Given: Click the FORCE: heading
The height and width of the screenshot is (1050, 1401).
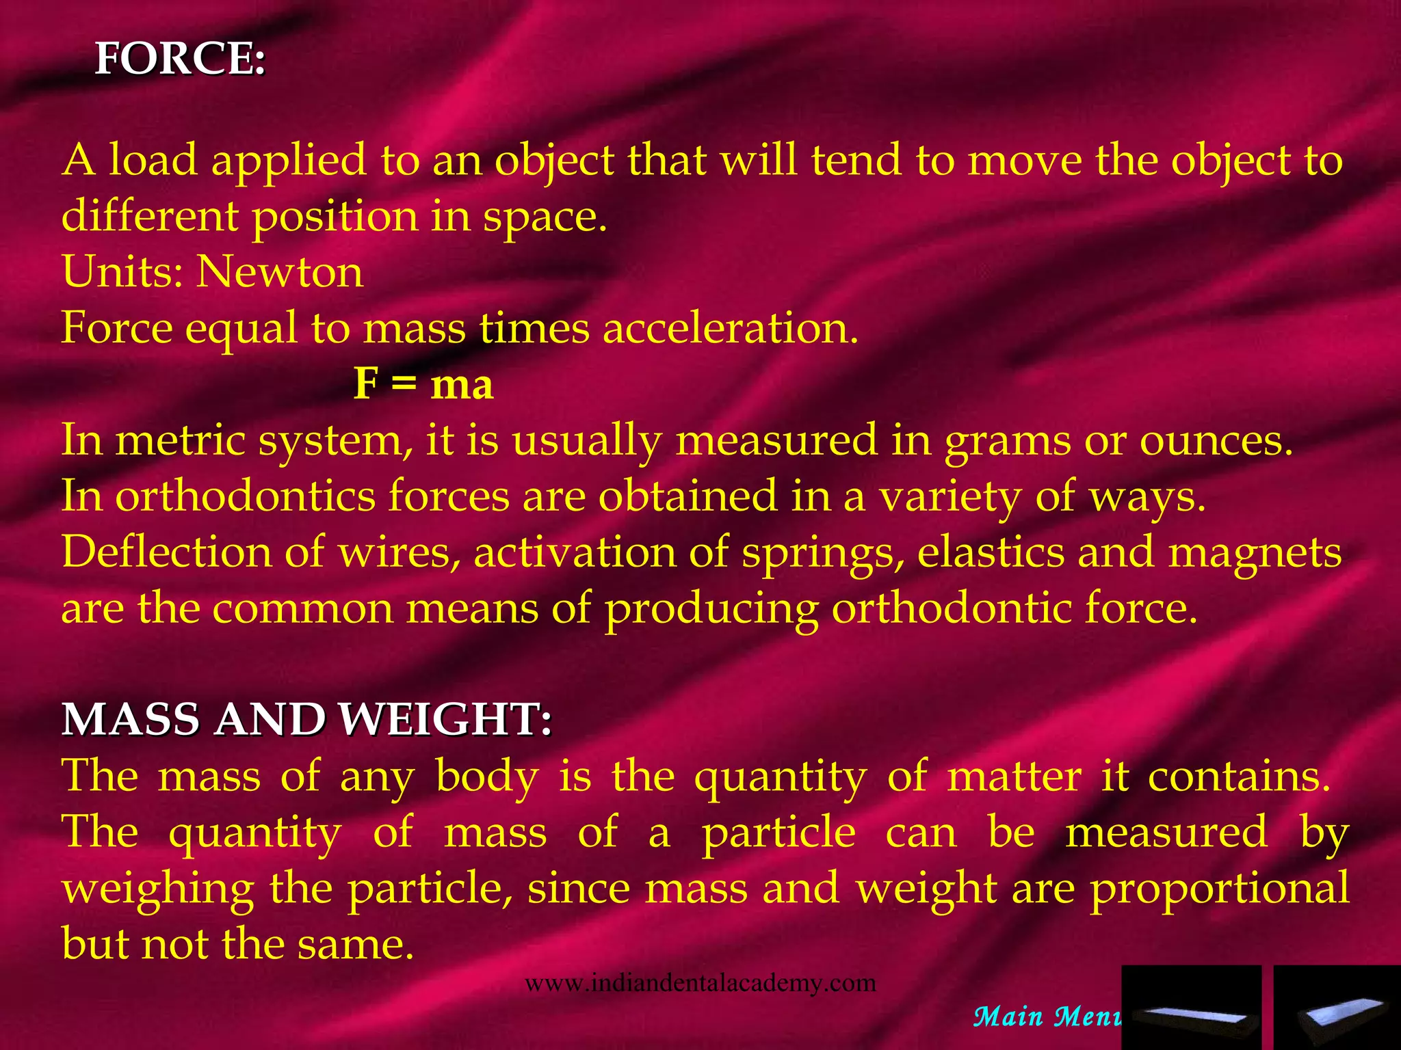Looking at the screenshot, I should tap(180, 59).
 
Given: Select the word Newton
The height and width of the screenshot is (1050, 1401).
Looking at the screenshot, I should tap(280, 272).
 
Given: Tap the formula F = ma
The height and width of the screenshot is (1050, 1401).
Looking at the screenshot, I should tap(423, 384).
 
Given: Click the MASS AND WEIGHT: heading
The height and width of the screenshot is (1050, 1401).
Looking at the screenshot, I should tap(306, 720).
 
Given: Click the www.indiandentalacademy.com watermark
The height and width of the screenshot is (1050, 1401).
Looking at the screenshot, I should tap(700, 984).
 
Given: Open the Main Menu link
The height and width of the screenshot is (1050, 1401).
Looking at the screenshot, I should tap(1047, 1017).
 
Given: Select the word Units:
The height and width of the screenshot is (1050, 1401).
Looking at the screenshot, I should tap(122, 272).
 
